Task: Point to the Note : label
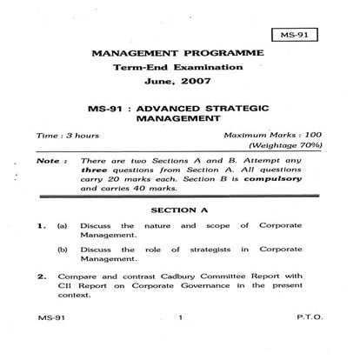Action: [50, 162]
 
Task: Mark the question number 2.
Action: [41, 277]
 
